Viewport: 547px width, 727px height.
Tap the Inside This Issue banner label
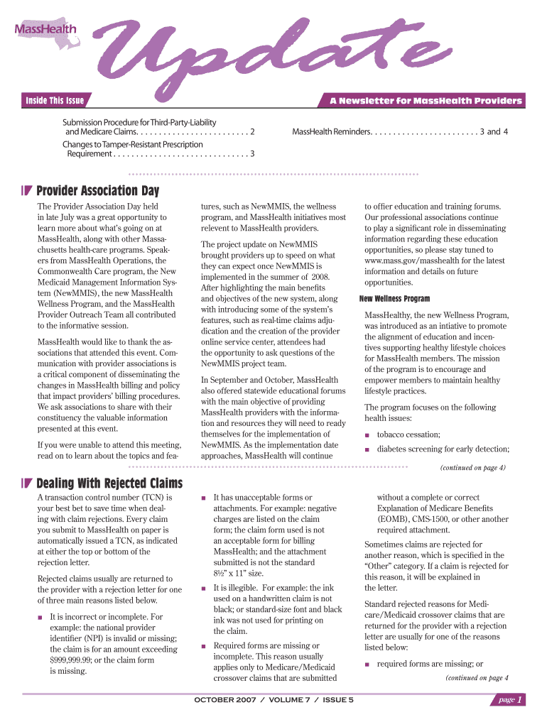[x=55, y=100]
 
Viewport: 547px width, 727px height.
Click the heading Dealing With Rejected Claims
[x=109, y=484]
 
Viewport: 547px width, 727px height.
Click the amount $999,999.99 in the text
[x=78, y=660]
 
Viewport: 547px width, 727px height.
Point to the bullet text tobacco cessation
[x=408, y=434]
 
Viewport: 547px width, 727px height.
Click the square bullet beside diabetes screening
[x=367, y=449]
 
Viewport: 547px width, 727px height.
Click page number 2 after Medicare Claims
[x=253, y=132]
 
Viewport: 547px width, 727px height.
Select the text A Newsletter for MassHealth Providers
[x=426, y=101]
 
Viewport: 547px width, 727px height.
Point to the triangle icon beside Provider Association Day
[x=27, y=191]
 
